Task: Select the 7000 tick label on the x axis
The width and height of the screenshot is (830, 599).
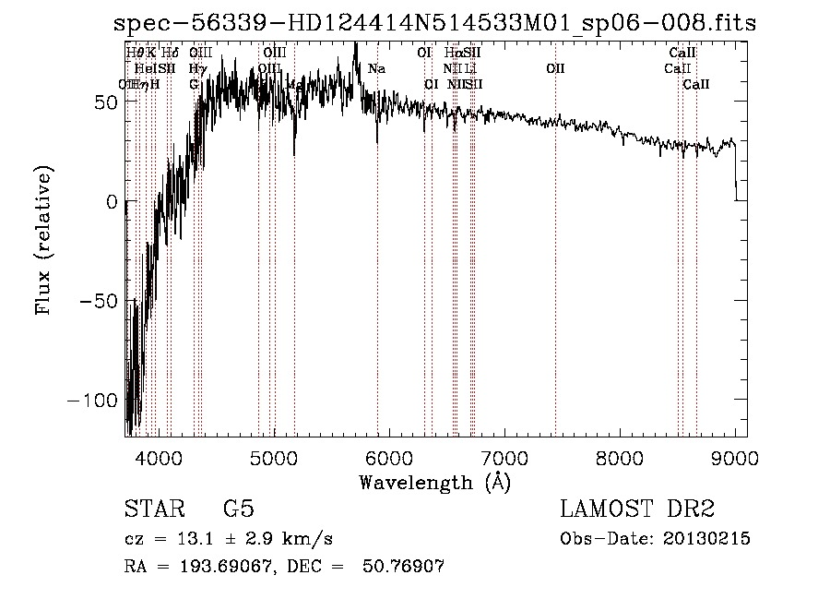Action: (x=504, y=456)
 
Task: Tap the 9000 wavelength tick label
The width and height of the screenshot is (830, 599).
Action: (x=735, y=456)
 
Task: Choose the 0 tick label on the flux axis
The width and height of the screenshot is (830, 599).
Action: (x=112, y=201)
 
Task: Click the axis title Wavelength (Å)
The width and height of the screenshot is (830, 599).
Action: (x=434, y=482)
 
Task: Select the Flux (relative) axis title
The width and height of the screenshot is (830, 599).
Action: (x=43, y=240)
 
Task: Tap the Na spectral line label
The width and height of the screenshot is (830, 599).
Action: (x=376, y=68)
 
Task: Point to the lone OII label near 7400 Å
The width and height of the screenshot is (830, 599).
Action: (x=554, y=68)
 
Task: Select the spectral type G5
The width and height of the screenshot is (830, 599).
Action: (x=238, y=509)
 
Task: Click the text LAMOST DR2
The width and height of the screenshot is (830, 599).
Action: (x=637, y=509)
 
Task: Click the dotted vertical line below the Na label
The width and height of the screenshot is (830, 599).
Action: (x=377, y=277)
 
